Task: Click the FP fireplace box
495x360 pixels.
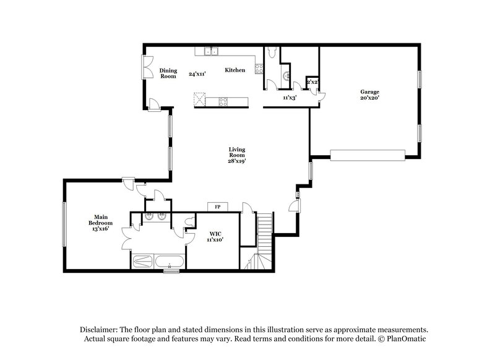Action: coord(218,207)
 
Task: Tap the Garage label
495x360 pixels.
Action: coord(370,92)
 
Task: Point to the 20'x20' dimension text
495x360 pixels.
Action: coord(370,98)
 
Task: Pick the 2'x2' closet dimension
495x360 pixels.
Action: coord(312,82)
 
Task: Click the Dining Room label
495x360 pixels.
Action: coord(168,73)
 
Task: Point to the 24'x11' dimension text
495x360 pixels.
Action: coord(197,74)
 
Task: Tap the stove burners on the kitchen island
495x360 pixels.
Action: coord(222,101)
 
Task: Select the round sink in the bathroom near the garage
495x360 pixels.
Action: coord(285,77)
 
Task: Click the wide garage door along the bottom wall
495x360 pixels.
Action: coord(368,154)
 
